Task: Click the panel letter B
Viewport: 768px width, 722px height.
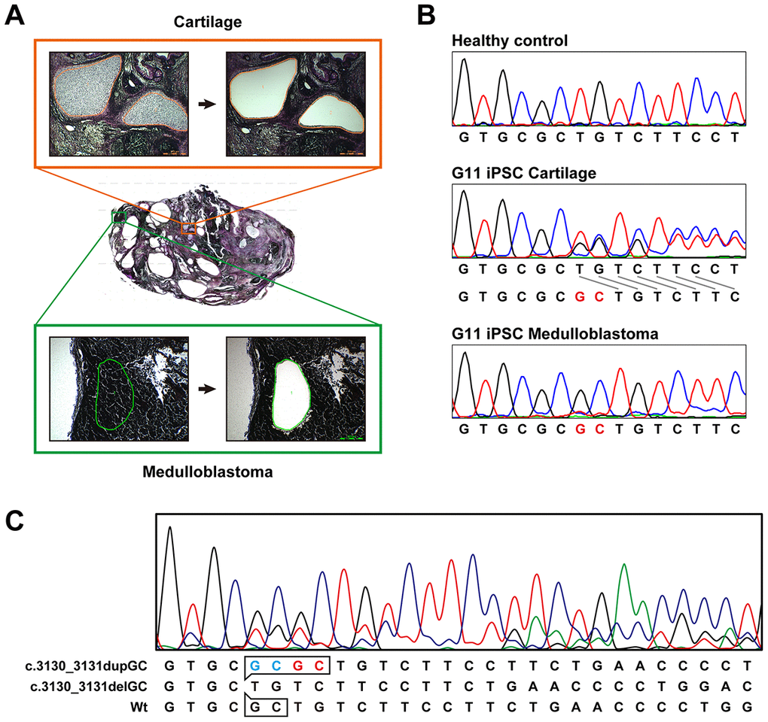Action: click(x=426, y=16)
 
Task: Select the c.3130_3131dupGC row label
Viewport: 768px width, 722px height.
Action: click(x=80, y=666)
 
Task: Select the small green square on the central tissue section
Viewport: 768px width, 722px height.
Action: click(x=118, y=217)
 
